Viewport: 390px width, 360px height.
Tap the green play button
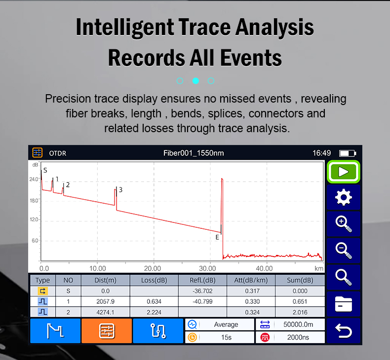point(343,172)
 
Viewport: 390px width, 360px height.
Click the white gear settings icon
point(344,197)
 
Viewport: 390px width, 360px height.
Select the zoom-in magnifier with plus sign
point(344,224)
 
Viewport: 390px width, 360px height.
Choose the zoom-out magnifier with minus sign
point(344,251)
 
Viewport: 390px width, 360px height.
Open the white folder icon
point(344,304)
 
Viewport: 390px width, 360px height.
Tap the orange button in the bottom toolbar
point(107,331)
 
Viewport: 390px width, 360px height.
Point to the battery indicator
point(348,153)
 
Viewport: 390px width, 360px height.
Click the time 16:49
point(321,153)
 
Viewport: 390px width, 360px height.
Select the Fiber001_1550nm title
point(194,153)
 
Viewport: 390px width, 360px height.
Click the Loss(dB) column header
point(154,280)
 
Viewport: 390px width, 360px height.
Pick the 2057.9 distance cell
point(106,301)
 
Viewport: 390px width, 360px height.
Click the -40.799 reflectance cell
point(202,301)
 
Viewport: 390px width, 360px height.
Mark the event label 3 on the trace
point(120,190)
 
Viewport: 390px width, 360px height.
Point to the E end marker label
point(217,237)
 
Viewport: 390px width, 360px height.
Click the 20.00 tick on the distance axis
point(153,268)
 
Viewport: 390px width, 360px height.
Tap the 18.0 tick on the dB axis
point(34,201)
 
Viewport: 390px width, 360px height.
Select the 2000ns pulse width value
point(298,337)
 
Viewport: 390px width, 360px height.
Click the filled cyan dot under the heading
point(196,81)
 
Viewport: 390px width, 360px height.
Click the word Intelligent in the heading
point(125,27)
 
